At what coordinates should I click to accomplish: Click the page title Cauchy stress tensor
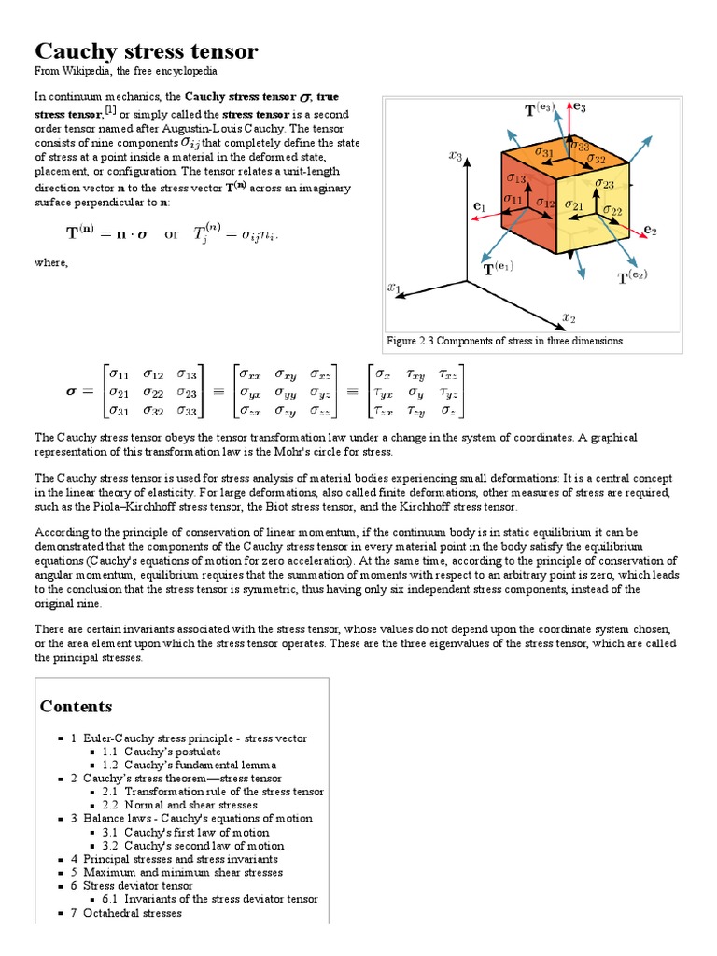click(147, 50)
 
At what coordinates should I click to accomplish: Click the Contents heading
click(76, 706)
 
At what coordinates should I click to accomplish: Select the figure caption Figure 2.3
click(505, 341)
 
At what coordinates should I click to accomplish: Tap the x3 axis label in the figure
click(456, 156)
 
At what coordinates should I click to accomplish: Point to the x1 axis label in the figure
click(394, 288)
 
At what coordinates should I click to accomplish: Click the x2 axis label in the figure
click(569, 317)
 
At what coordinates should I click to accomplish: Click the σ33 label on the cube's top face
click(579, 146)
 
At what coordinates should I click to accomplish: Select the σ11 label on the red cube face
click(513, 199)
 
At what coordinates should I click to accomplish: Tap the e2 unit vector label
click(651, 228)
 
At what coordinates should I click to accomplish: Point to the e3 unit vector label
click(579, 108)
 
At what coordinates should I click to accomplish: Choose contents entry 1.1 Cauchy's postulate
click(162, 751)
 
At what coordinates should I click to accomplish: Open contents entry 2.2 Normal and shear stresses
click(179, 804)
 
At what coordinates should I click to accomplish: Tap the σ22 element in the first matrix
click(153, 392)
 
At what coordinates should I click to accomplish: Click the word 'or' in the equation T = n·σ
click(172, 234)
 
